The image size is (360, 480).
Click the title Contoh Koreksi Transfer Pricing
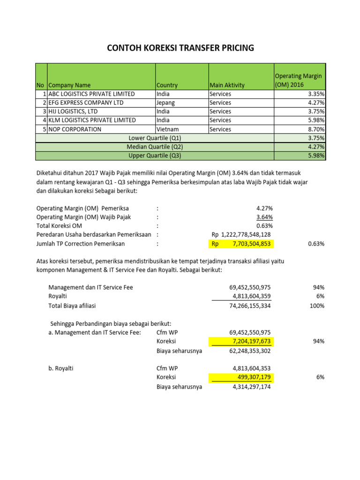click(x=180, y=48)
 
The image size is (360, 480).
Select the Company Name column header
click(x=70, y=85)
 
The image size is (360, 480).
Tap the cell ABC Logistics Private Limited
click(x=92, y=94)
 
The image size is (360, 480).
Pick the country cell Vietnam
click(x=167, y=129)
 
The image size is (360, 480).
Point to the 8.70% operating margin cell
click(x=315, y=129)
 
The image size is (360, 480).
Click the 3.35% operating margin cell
click(x=315, y=94)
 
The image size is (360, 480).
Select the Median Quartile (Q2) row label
click(x=155, y=147)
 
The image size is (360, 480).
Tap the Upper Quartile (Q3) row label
click(x=155, y=156)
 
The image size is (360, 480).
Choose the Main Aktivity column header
click(x=227, y=85)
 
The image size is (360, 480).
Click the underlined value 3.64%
click(x=264, y=217)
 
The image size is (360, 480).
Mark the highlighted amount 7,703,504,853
click(x=251, y=244)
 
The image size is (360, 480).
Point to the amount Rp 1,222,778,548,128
click(x=241, y=234)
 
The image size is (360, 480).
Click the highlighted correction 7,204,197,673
click(x=247, y=341)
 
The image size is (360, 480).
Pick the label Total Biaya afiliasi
click(x=72, y=306)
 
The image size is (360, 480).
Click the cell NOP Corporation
click(x=75, y=129)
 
